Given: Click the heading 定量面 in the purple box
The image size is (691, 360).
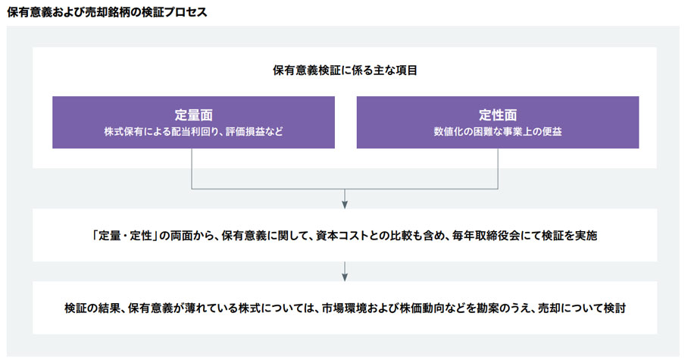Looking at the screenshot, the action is [193, 115].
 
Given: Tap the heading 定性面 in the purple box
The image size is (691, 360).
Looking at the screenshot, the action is [498, 115].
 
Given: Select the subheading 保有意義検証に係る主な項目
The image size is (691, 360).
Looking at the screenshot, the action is [345, 70].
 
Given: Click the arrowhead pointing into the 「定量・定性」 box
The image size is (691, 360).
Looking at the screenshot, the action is [345, 205].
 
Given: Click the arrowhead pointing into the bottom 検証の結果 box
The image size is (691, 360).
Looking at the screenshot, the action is [345, 277].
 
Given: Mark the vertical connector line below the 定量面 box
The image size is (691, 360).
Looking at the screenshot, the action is [192, 169].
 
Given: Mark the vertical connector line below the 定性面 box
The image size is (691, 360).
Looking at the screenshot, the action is [498, 169].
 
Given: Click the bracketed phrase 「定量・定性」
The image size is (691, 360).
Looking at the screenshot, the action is [125, 236].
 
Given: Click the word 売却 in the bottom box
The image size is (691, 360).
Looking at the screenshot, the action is [549, 308].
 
